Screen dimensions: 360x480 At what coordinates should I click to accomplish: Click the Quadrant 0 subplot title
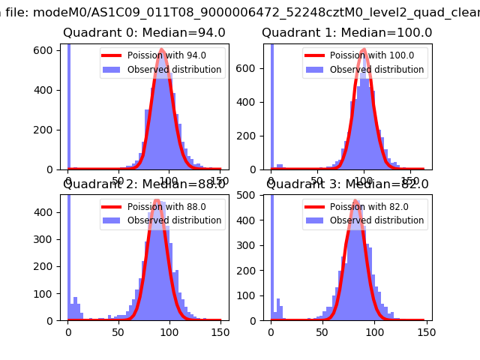coord(144,33)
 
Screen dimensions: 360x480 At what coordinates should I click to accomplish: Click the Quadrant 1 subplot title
coord(346,33)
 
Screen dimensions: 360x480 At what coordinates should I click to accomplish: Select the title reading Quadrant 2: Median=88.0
coord(144,184)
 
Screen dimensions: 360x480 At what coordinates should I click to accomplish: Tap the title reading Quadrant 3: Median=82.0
coord(346,184)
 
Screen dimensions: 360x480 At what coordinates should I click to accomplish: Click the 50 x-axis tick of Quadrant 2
coord(118,331)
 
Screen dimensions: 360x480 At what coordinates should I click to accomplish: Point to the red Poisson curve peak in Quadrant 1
coord(364,50)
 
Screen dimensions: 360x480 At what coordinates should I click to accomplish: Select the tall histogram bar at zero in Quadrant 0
coord(69,105)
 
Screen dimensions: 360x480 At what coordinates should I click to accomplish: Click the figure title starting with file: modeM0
coord(240,10)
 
